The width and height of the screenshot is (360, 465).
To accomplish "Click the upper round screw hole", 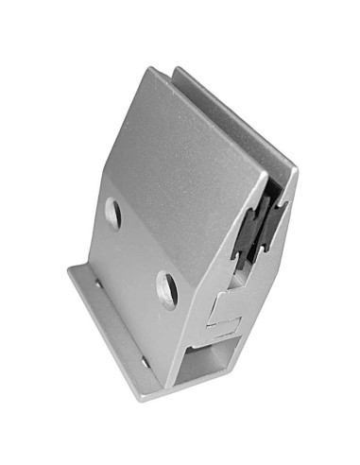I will point(112,212).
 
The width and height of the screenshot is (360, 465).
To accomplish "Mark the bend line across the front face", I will point(170,236).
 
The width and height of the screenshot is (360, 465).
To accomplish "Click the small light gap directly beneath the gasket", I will point(246,268).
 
